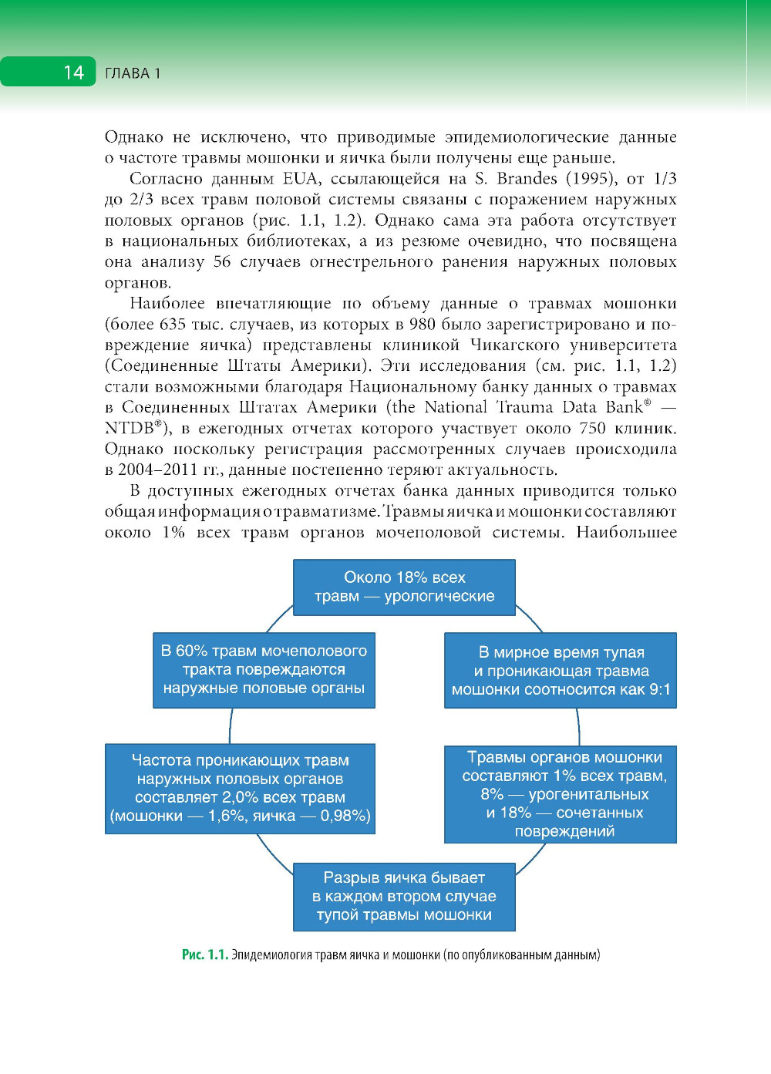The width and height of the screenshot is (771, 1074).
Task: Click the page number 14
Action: point(73,72)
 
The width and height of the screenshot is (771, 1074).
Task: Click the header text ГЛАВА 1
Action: point(133,73)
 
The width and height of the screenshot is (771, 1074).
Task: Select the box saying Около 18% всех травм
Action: point(404,587)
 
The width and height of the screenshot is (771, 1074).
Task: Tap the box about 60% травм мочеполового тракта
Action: point(264,669)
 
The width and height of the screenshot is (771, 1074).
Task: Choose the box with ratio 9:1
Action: point(561,671)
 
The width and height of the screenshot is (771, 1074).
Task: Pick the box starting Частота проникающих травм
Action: point(240,788)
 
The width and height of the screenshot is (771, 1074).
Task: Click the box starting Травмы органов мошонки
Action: point(561,794)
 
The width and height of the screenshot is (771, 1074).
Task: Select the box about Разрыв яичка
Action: point(404,897)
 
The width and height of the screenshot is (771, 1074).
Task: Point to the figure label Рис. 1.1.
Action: point(204,954)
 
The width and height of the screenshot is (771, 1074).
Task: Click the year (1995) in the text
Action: point(591,179)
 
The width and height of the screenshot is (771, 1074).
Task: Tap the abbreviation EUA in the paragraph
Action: point(301,179)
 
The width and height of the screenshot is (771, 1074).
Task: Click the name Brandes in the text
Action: point(527,179)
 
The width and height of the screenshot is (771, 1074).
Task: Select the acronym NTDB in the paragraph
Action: point(130,429)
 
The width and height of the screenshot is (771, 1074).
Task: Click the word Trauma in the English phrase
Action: point(526,408)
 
